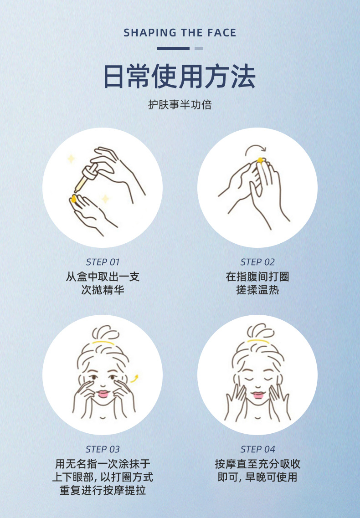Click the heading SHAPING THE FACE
[180, 33]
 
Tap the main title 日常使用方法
[180, 77]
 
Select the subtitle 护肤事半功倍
[180, 105]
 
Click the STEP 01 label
[103, 262]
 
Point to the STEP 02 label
[257, 262]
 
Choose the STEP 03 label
[103, 450]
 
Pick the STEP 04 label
[257, 450]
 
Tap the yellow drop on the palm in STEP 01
[73, 199]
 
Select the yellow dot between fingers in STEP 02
[260, 160]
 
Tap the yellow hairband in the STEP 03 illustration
[102, 342]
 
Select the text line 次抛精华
[103, 290]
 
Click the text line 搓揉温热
[257, 290]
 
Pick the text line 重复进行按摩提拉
[103, 491]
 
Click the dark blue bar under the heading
[173, 48]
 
